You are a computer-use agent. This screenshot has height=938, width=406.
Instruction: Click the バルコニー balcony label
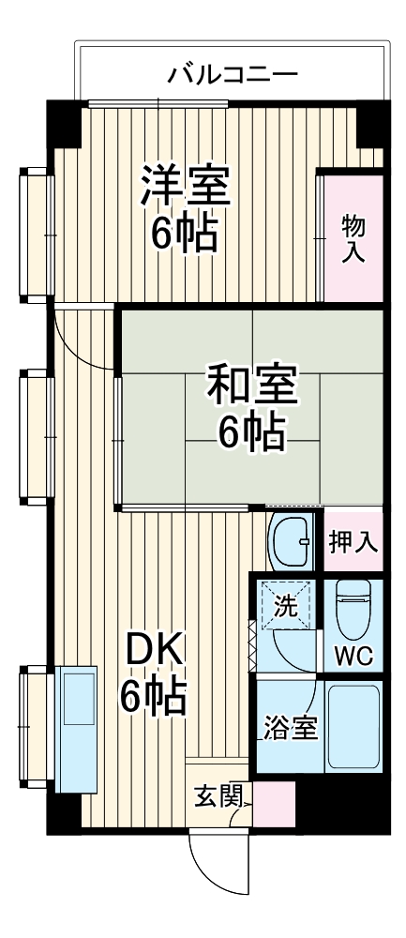pos(233,74)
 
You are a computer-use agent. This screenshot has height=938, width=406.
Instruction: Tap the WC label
pos(355,657)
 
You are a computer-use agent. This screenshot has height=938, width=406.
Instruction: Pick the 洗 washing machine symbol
pos(287,606)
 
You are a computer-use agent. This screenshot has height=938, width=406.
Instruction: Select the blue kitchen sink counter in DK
pos(74,727)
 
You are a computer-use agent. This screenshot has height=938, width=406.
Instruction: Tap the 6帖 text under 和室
pos(251,431)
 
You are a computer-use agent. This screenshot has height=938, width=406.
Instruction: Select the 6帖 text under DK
pos(153,695)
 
